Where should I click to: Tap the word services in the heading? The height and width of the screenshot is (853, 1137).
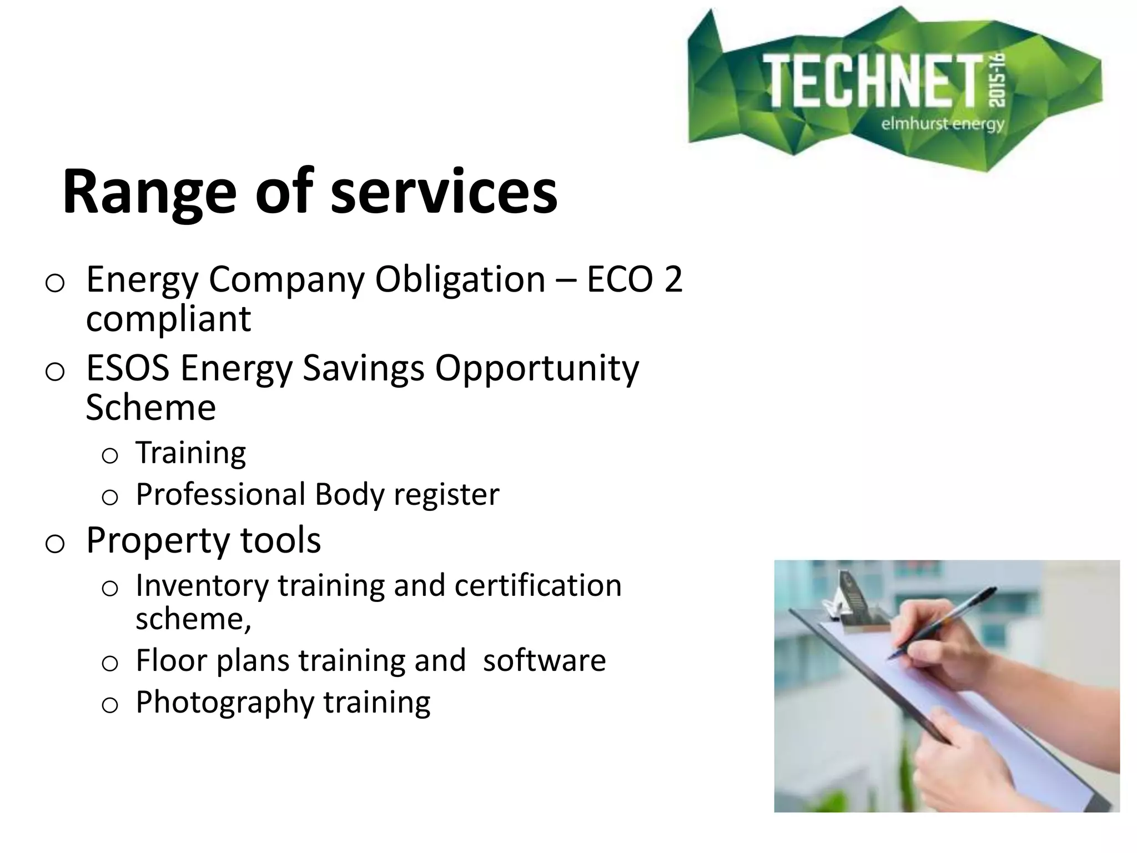(x=444, y=192)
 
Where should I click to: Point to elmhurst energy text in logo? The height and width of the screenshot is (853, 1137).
(x=943, y=123)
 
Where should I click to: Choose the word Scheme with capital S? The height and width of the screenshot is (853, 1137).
(x=150, y=408)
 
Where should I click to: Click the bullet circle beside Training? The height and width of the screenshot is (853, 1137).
(x=110, y=456)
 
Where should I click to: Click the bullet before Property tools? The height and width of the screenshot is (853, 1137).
(x=54, y=543)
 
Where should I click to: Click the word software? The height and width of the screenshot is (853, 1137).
(x=544, y=661)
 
